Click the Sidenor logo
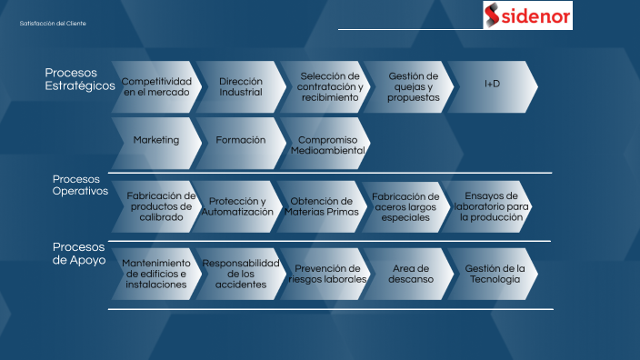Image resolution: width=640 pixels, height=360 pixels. pos(528,15)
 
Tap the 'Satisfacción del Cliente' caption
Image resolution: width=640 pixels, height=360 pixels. pos(53,24)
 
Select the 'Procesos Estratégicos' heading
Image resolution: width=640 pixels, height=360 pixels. pos(80,79)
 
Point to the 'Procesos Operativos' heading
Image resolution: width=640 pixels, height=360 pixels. pos(80,185)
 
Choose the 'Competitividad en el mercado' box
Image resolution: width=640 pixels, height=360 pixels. pos(155,87)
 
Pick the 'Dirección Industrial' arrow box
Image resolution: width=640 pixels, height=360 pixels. pos(241,87)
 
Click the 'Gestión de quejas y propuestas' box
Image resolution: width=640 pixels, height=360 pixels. pos(412,87)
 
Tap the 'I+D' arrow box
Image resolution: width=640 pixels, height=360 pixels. pos(492,85)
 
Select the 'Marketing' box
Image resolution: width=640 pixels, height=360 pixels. pos(155,141)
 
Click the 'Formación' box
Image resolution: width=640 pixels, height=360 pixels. pos(241,141)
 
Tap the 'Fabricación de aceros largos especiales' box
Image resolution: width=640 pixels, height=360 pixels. pos(405,206)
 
